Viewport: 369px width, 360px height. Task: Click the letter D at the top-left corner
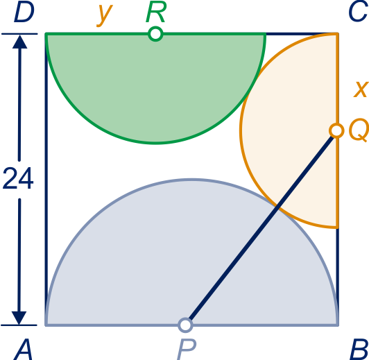click(x=24, y=12)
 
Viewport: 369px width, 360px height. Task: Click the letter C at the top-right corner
click(x=357, y=12)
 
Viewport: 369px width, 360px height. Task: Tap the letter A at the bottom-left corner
click(x=23, y=350)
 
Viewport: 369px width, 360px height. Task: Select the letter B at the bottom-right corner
click(x=359, y=350)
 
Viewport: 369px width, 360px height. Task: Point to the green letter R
click(x=156, y=12)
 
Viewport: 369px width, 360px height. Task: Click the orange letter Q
click(x=358, y=130)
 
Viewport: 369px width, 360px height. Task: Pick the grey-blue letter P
click(x=187, y=350)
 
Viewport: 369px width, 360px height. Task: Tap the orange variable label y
click(x=105, y=15)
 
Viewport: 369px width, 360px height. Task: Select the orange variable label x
click(x=361, y=89)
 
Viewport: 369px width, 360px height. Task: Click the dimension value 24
click(x=18, y=178)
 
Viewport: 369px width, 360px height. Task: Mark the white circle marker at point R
click(x=155, y=34)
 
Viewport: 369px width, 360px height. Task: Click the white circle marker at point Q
click(x=336, y=130)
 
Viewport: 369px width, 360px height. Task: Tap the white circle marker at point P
click(x=186, y=325)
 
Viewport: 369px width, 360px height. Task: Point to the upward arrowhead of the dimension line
click(x=19, y=42)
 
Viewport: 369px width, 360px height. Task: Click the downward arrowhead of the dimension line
click(x=19, y=318)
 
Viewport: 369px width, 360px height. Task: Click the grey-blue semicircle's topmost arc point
click(x=192, y=180)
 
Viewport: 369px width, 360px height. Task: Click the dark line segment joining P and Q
click(x=261, y=228)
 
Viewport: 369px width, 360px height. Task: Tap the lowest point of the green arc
click(x=155, y=143)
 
